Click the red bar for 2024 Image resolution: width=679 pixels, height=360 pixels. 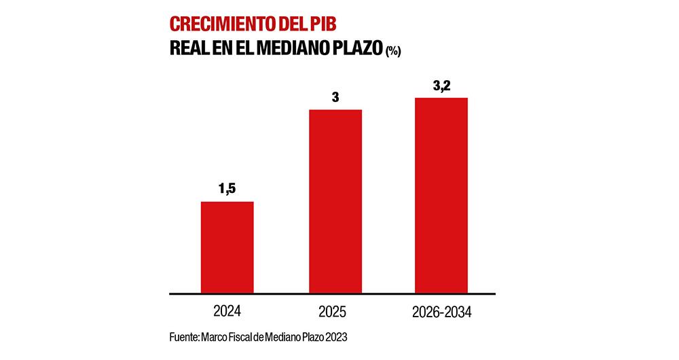(x=227, y=247)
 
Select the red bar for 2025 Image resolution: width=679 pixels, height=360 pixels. (x=335, y=201)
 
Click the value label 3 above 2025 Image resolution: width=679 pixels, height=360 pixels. (x=335, y=97)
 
